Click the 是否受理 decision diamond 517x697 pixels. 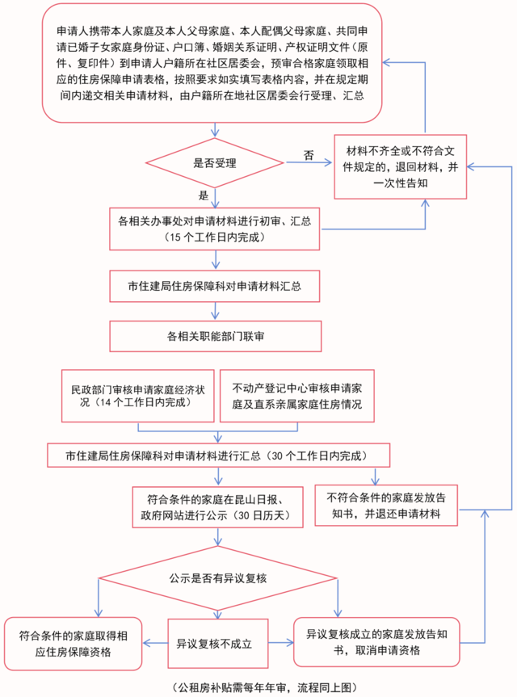[x=215, y=162]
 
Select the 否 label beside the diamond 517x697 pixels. [x=308, y=153]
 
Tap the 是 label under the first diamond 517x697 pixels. [x=203, y=195]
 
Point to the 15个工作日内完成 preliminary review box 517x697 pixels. [x=215, y=229]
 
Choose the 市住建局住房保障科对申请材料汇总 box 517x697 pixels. [x=215, y=286]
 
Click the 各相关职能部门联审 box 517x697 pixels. [x=215, y=334]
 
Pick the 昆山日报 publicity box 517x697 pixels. [x=216, y=506]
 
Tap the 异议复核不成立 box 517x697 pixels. [x=215, y=644]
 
